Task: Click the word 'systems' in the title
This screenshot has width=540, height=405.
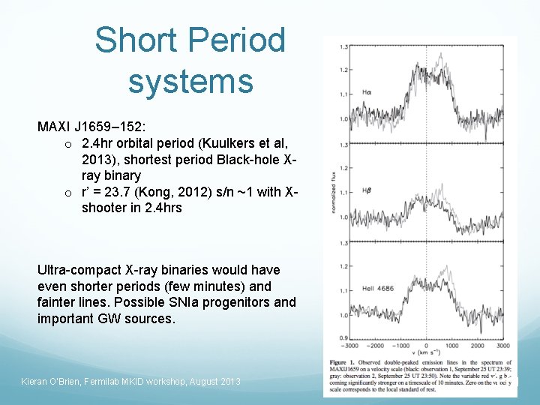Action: [190, 81]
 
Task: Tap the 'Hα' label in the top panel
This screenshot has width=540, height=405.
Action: [367, 92]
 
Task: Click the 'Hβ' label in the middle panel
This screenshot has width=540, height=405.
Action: [367, 191]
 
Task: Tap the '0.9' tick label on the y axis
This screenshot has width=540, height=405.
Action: [343, 338]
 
